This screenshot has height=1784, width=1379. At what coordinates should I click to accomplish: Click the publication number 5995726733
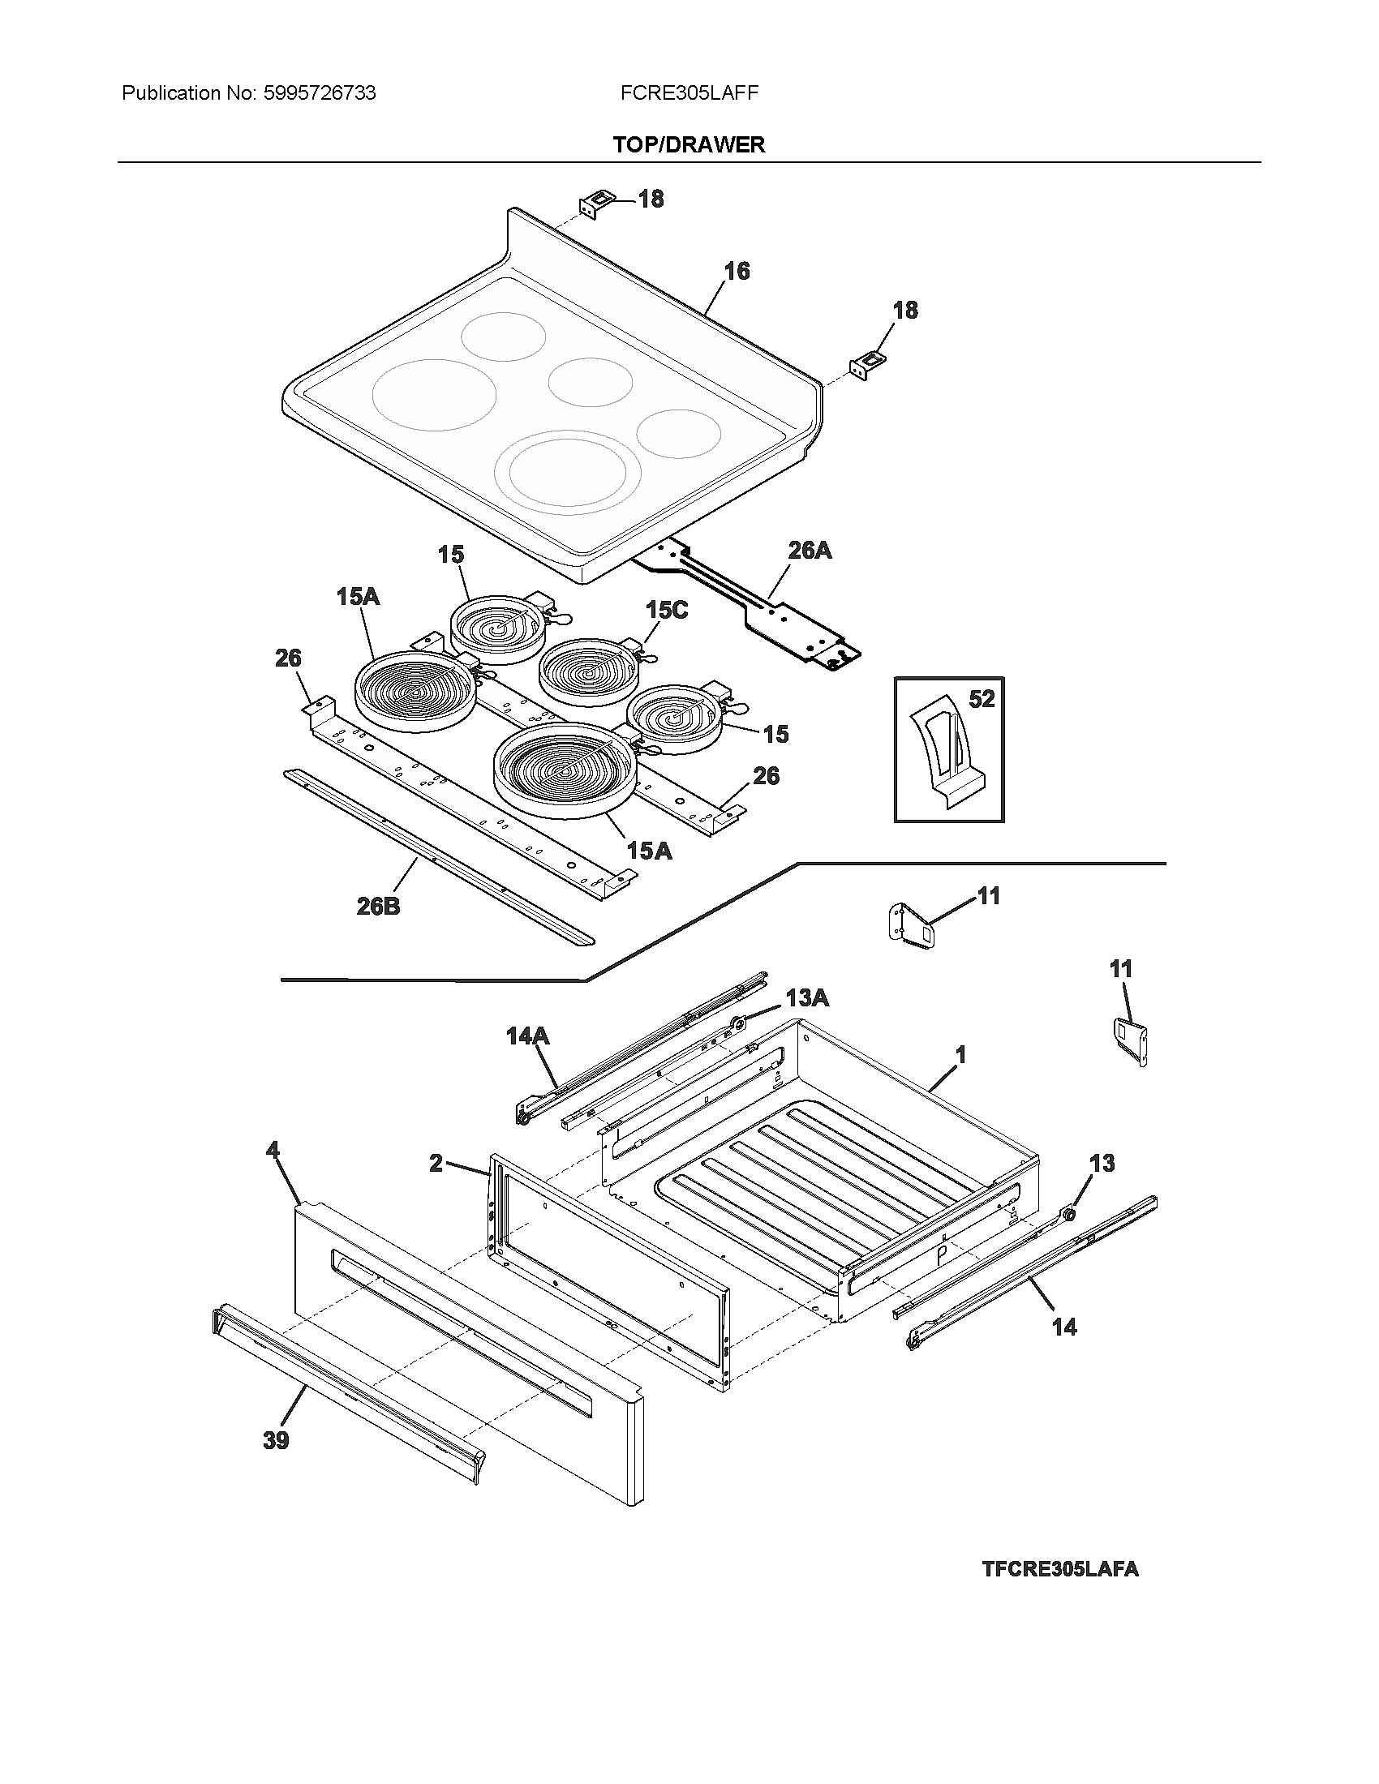[320, 93]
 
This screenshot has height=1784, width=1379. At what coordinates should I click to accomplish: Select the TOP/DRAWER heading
[689, 144]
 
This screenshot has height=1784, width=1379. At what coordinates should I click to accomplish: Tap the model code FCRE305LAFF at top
[689, 93]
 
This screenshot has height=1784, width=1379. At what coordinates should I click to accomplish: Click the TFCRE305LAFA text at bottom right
[1059, 1569]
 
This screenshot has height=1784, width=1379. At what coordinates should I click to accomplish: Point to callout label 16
[737, 271]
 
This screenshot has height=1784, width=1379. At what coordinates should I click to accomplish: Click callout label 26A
[810, 551]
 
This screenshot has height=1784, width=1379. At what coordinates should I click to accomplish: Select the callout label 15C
[667, 610]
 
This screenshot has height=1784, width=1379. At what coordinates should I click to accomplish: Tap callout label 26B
[378, 906]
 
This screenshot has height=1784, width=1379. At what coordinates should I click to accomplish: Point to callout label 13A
[807, 997]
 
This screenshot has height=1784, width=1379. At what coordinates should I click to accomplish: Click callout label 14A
[527, 1036]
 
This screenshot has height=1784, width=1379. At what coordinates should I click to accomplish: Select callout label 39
[276, 1440]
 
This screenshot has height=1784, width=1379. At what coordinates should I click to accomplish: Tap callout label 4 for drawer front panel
[273, 1151]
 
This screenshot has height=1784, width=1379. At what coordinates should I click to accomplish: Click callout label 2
[436, 1163]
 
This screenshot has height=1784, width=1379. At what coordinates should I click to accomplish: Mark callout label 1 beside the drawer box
[960, 1055]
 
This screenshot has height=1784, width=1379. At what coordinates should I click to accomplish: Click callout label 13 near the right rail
[1102, 1163]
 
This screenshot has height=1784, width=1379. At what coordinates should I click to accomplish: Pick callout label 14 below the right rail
[1063, 1327]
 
